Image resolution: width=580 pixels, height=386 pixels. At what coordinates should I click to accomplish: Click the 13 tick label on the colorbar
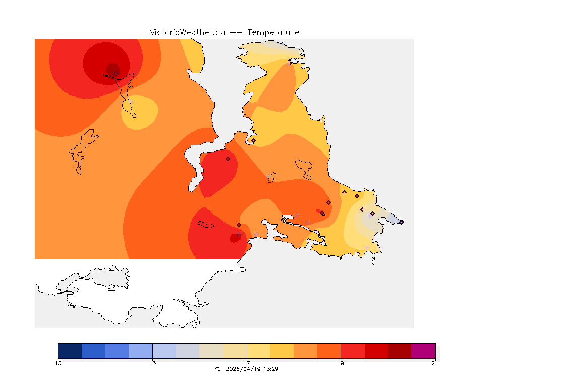pos(58,363)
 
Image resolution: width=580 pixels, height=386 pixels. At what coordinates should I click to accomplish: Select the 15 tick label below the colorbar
pos(153,363)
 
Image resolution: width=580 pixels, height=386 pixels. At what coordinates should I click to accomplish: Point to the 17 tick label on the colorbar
pos(247,363)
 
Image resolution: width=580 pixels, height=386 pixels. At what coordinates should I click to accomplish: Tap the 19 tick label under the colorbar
pos(341,363)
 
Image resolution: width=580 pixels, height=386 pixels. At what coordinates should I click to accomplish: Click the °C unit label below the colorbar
pos(217,369)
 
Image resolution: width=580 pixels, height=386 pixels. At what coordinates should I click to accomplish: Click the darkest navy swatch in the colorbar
pos(70,351)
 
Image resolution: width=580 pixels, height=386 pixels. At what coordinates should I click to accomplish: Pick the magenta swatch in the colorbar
pos(423,351)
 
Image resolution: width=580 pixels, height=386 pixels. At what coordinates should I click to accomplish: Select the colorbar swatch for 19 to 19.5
pos(352,351)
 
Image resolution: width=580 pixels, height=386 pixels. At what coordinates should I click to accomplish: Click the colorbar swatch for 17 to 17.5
pos(258,351)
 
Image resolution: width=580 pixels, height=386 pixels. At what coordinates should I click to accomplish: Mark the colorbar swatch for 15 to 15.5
pos(164,351)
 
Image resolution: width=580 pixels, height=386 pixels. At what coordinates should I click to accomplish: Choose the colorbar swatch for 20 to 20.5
pos(400,351)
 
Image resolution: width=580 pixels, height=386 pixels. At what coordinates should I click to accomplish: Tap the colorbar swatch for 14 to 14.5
pos(117,351)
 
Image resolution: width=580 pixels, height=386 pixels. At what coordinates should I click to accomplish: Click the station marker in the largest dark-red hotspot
pos(116,73)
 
